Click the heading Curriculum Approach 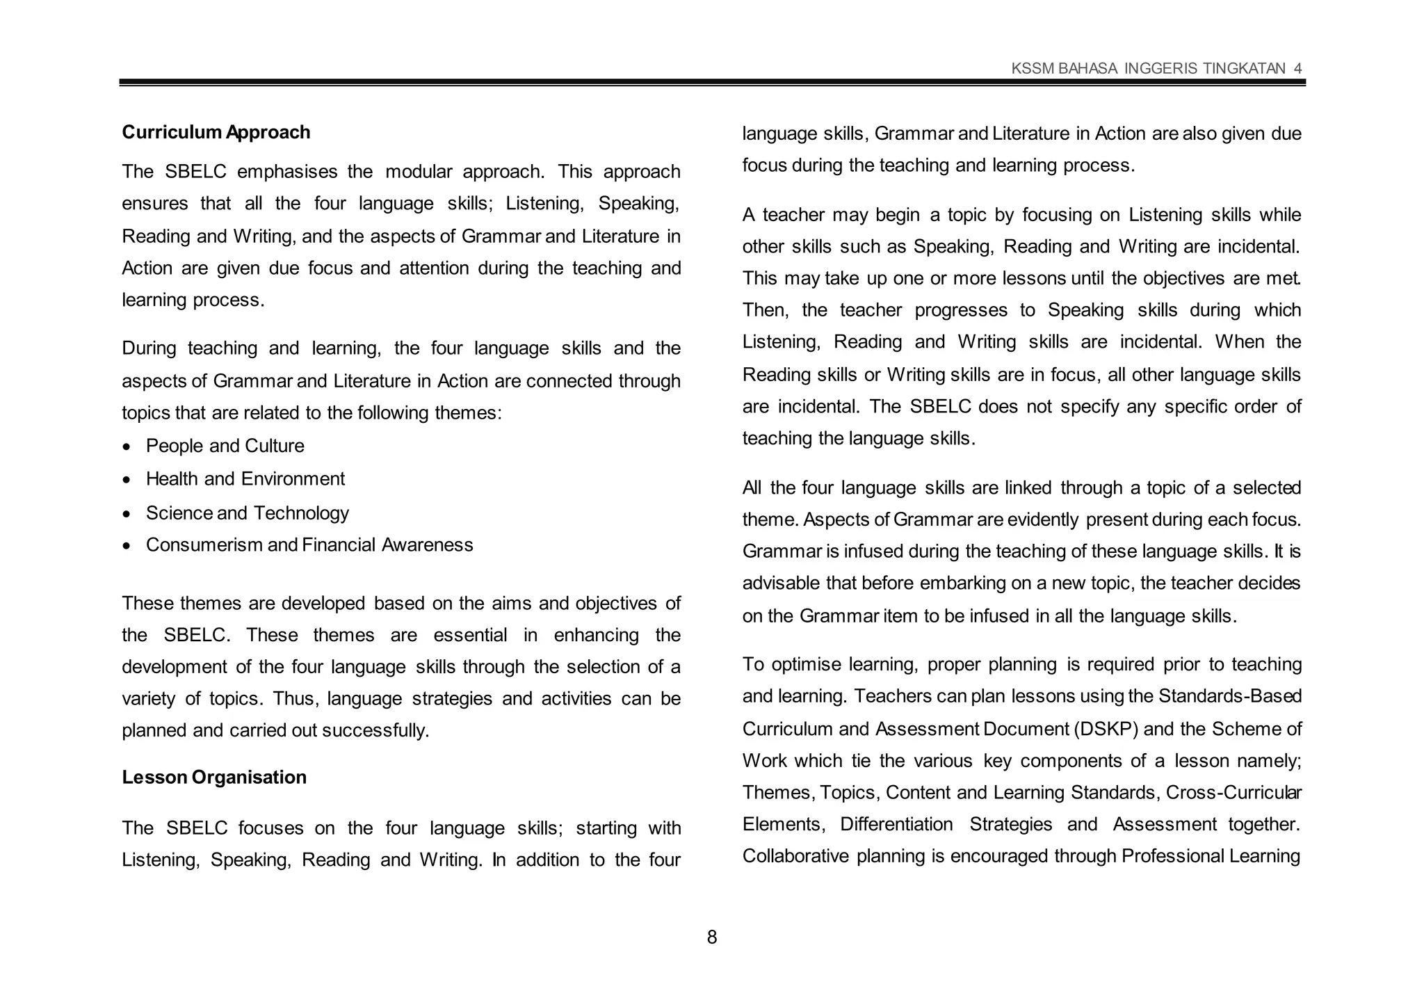(x=216, y=132)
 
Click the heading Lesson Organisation (x=214, y=777)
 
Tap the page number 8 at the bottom (x=711, y=937)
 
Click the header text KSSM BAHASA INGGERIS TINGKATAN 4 (x=1156, y=68)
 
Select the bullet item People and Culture (x=225, y=446)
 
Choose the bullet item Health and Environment (x=245, y=478)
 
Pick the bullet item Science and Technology (x=247, y=513)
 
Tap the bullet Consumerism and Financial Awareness (x=309, y=545)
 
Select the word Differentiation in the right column (x=896, y=824)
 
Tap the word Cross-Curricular (x=1233, y=792)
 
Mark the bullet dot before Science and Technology (x=126, y=514)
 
